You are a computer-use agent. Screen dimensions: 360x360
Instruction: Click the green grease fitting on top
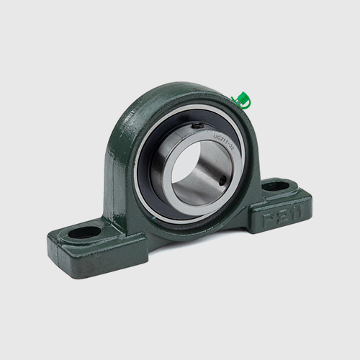[x=242, y=99]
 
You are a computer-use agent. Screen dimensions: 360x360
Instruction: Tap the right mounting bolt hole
[x=276, y=186]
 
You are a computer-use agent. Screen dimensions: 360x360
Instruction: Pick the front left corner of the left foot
[x=52, y=248]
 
